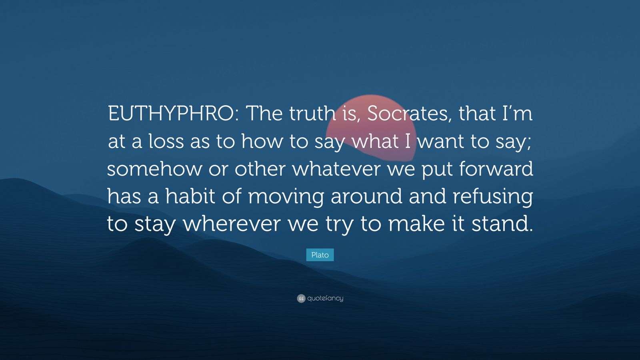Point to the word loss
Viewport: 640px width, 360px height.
(x=167, y=142)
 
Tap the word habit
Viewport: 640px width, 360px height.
(x=194, y=196)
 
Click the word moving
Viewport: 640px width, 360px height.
(x=286, y=197)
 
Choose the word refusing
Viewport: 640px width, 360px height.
(x=493, y=197)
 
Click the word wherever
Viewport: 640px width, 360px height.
(x=232, y=224)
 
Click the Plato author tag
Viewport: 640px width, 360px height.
(x=320, y=255)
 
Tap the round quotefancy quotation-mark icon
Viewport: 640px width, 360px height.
(x=301, y=298)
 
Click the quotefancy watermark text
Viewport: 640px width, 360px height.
(x=325, y=298)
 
